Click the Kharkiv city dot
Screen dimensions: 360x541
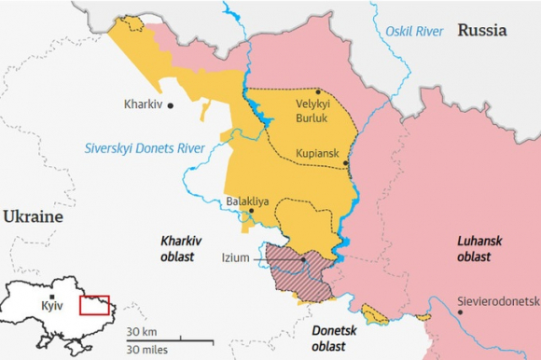click(x=171, y=105)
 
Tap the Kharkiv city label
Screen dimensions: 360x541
click(x=143, y=105)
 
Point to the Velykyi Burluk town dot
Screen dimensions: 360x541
click(x=317, y=91)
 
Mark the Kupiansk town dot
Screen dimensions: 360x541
click(x=346, y=162)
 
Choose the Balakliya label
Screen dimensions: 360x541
click(x=248, y=201)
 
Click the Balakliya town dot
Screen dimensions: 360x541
click(x=251, y=211)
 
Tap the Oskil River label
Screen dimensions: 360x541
click(x=414, y=32)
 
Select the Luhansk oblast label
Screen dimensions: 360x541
click(x=479, y=249)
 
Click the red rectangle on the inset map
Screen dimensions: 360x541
click(x=95, y=305)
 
